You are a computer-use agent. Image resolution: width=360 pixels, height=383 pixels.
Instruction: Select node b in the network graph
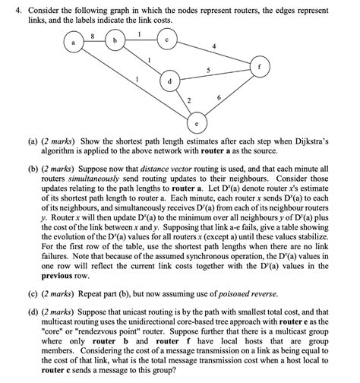point(115,39)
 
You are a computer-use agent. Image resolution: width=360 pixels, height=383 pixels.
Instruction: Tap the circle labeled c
point(169,40)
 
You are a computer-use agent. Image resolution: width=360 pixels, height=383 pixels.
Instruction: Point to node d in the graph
point(169,81)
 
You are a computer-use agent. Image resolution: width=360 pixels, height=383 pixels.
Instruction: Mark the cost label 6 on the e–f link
point(219,99)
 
